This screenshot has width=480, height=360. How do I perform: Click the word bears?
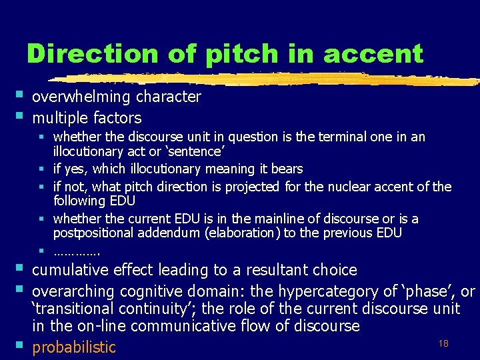(287, 169)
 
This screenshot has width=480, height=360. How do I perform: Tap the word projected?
(252, 187)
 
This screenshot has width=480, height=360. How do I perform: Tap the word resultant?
(279, 270)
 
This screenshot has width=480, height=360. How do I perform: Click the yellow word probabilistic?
(74, 347)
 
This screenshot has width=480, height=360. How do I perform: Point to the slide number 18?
(443, 342)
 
